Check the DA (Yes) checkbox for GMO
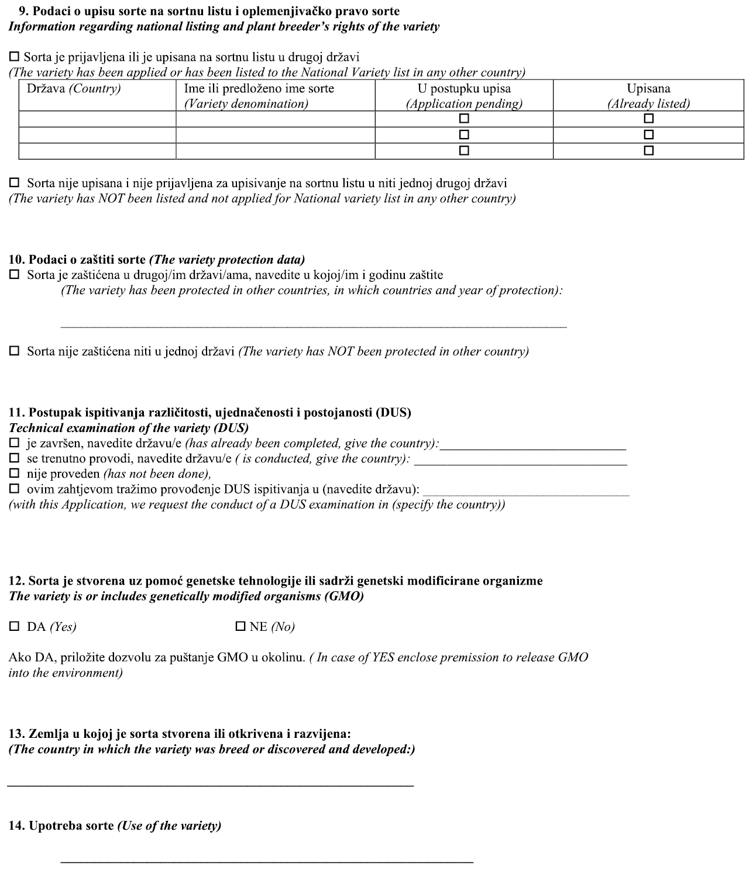tap(14, 627)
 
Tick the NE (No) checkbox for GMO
tap(240, 627)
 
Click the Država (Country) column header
tap(74, 89)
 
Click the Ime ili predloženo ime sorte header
tap(259, 89)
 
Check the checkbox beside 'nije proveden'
tap(14, 473)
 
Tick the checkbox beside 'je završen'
tap(14, 443)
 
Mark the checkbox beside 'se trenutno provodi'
tap(14, 458)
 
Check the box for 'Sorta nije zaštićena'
tap(14, 351)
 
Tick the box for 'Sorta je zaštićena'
tap(14, 274)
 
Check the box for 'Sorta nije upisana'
tap(14, 182)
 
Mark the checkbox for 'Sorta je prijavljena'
tap(14, 57)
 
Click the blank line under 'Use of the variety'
tap(267, 861)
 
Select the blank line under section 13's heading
tap(211, 785)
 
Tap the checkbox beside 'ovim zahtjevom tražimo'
tap(14, 488)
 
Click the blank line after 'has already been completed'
tap(533, 448)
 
